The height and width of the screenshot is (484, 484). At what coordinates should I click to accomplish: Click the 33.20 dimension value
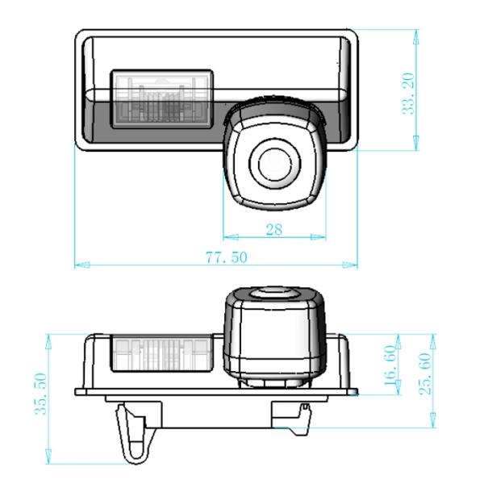pyautogui.click(x=419, y=90)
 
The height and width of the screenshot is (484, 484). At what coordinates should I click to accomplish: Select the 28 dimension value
pyautogui.click(x=273, y=229)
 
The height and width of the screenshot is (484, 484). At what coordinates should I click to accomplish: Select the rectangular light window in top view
pyautogui.click(x=161, y=97)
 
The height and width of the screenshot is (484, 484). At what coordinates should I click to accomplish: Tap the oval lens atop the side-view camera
pyautogui.click(x=273, y=294)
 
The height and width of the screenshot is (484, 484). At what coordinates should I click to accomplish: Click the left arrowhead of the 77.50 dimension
pyautogui.click(x=78, y=265)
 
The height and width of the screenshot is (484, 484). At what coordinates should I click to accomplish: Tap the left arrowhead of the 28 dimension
pyautogui.click(x=226, y=237)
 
